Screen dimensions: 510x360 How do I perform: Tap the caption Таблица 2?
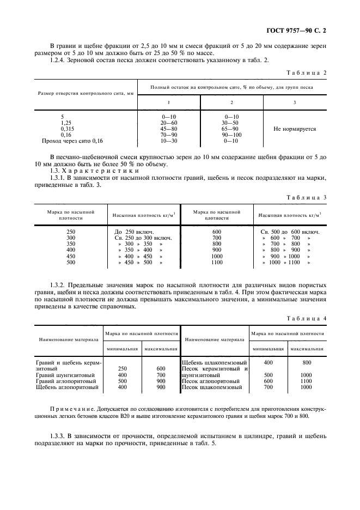[x=308, y=72]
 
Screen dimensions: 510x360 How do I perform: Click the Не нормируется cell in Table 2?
[x=295, y=129]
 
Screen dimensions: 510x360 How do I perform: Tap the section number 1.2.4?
[x=59, y=60]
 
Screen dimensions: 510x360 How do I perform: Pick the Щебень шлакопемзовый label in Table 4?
[x=214, y=362]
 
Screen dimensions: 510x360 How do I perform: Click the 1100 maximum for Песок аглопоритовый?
[x=306, y=381]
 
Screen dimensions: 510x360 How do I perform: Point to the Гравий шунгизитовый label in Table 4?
[x=65, y=375]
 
